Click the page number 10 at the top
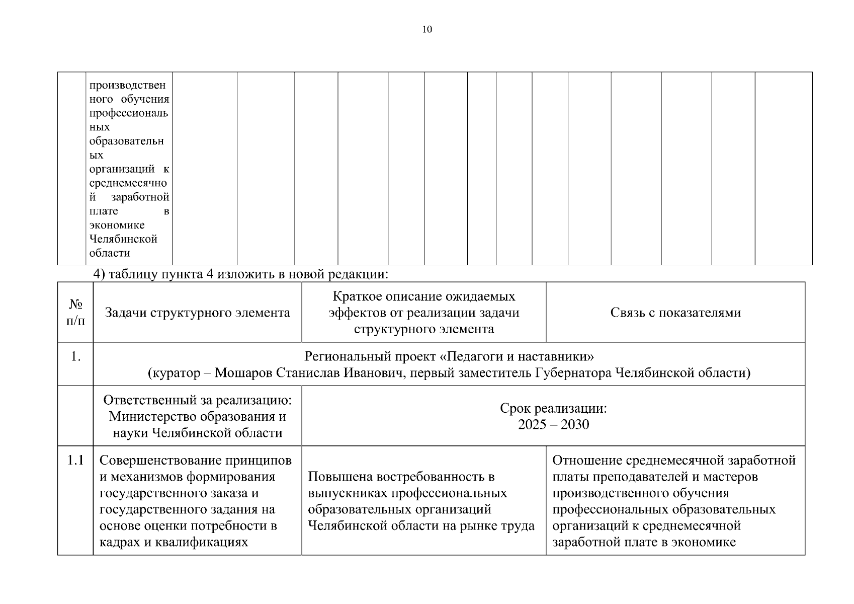click(x=426, y=29)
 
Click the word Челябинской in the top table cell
click(x=123, y=239)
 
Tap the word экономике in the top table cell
click(x=117, y=225)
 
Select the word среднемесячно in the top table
click(x=129, y=183)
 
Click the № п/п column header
click(x=75, y=312)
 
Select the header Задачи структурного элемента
click(x=197, y=313)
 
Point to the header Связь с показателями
click(x=675, y=313)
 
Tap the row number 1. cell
click(x=75, y=357)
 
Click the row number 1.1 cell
click(x=75, y=460)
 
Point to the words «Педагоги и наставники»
click(x=517, y=357)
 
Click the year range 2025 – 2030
click(x=553, y=425)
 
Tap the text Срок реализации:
click(x=553, y=408)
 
